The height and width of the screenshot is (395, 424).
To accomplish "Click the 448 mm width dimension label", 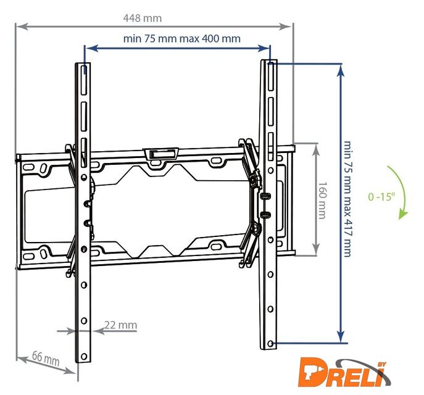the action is [x=143, y=19].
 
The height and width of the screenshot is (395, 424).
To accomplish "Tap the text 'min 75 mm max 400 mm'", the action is [x=181, y=39].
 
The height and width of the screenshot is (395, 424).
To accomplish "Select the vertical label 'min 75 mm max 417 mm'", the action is [x=347, y=199].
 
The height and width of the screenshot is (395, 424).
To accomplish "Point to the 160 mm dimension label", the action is [x=322, y=200].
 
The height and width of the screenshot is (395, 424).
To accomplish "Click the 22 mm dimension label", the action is [x=120, y=325].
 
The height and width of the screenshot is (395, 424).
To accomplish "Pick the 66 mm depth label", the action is [x=46, y=358].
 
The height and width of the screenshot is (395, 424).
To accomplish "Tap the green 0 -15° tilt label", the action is [x=381, y=196].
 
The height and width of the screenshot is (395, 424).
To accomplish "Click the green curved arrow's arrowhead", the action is [x=402, y=215].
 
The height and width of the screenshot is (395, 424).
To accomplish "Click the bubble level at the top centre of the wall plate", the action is [x=161, y=154].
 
